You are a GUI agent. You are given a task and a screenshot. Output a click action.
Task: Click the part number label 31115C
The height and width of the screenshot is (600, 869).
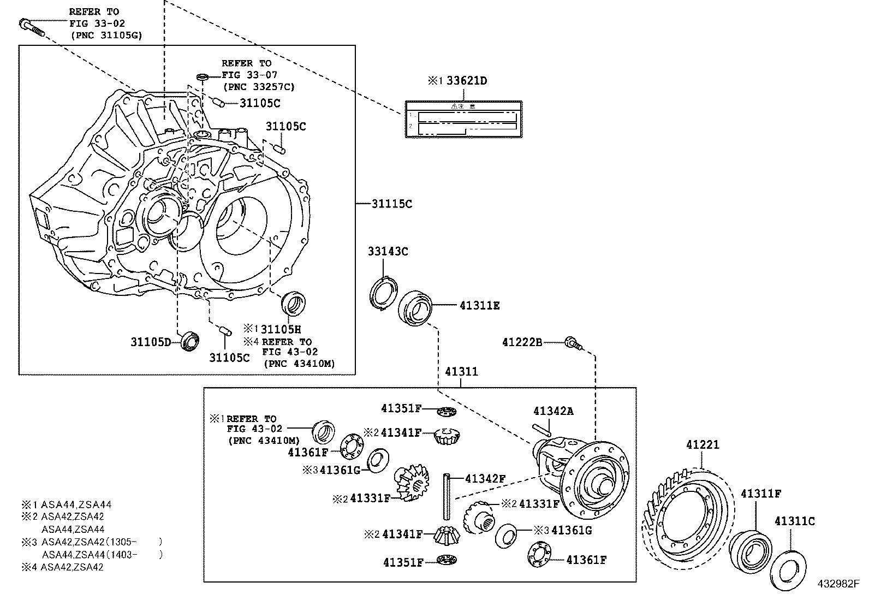392,204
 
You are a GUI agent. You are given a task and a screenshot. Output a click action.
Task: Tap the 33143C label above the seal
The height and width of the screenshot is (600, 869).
388,252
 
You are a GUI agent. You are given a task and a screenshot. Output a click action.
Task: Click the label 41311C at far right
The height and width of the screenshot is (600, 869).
794,521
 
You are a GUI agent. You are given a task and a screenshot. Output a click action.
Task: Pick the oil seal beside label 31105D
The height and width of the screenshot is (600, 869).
190,341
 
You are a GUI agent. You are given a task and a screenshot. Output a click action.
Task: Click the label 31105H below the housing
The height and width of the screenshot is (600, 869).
281,329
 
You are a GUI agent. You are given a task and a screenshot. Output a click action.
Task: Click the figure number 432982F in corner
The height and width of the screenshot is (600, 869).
838,584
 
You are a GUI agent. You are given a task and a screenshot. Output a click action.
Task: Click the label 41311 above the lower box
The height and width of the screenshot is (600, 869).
461,372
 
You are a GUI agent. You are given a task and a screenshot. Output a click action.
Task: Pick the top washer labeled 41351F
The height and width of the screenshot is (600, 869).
446,411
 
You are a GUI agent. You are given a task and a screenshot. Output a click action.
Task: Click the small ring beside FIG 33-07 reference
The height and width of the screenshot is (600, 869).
201,75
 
